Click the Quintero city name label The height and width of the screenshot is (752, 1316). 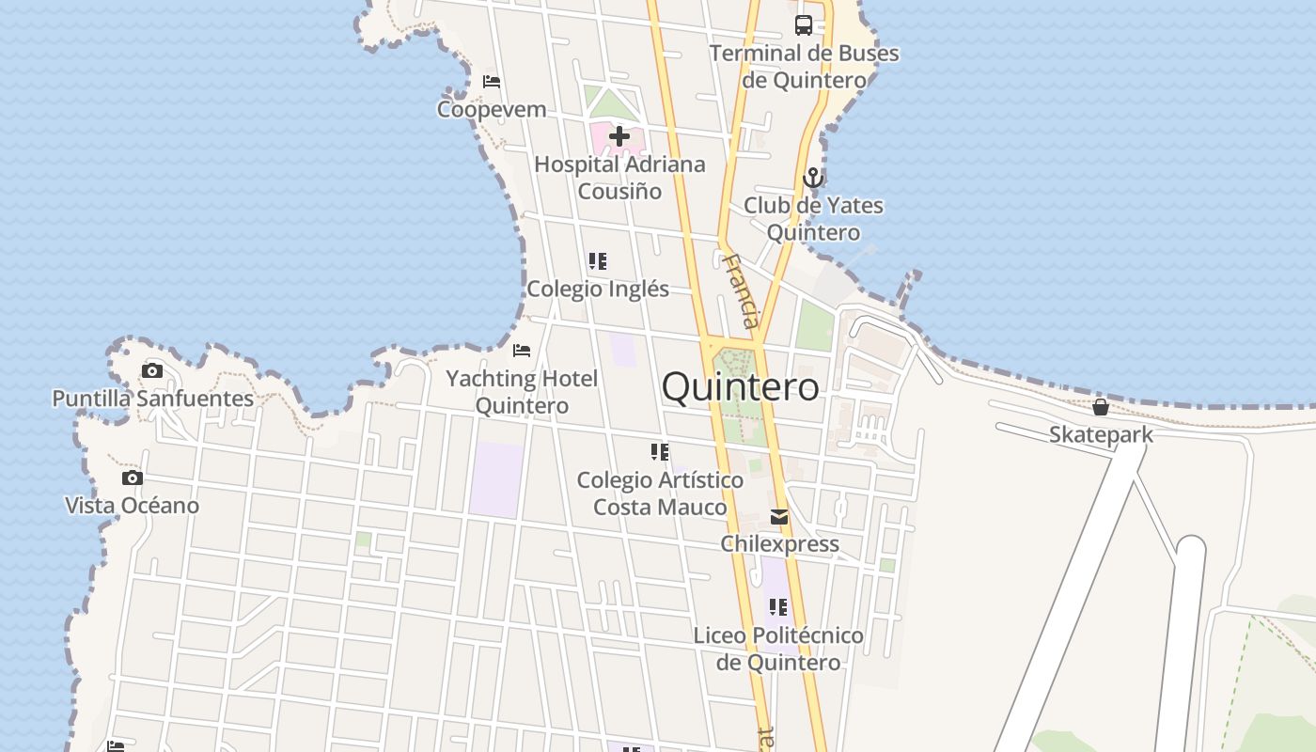[x=740, y=387]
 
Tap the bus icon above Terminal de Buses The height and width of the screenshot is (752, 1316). [x=804, y=25]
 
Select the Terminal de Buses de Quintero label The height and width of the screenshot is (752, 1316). [x=804, y=67]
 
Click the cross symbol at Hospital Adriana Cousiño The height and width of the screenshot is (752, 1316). [x=619, y=137]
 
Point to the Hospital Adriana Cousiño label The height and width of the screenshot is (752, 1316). [x=619, y=178]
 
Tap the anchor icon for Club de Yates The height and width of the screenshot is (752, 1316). [x=813, y=178]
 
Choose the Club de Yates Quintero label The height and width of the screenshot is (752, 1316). [x=813, y=219]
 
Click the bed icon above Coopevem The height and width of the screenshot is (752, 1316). [x=492, y=82]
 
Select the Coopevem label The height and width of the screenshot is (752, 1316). [x=492, y=109]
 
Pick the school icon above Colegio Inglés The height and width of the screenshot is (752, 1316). [x=598, y=261]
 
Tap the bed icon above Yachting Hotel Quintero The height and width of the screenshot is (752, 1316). [x=522, y=351]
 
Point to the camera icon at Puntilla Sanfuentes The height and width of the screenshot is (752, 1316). [x=152, y=370]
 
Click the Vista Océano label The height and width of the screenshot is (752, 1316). [x=132, y=506]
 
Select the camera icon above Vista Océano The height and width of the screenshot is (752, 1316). [x=133, y=478]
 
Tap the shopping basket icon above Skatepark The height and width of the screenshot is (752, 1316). [x=1101, y=407]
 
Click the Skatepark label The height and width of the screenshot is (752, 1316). [x=1101, y=434]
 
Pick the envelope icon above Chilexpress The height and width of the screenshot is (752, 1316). [x=779, y=517]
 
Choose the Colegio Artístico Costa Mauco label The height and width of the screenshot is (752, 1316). [x=660, y=493]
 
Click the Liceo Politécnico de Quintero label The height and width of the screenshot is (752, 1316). [x=778, y=649]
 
